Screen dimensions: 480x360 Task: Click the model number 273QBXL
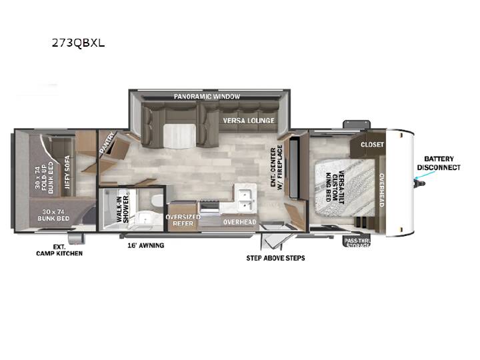[79, 43]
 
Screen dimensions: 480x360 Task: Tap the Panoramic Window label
[207, 97]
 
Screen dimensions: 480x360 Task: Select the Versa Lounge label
[249, 120]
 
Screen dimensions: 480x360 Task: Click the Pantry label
[107, 143]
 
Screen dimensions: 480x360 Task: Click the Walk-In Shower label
[123, 209]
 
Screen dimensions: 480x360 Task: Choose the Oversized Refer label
[183, 220]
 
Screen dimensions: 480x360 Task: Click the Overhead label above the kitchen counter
[240, 222]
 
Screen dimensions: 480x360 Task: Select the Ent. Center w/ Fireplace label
[277, 167]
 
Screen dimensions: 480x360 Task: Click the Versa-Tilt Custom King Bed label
[335, 187]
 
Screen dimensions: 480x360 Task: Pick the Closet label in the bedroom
[372, 144]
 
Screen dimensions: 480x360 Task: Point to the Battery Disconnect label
[439, 163]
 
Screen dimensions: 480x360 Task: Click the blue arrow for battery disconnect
[425, 175]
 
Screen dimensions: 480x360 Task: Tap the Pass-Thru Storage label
[357, 243]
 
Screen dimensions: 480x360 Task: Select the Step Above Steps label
[275, 258]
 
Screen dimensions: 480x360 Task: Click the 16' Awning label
[146, 245]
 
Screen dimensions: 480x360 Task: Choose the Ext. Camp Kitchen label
[59, 250]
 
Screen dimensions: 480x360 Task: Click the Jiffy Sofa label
[67, 173]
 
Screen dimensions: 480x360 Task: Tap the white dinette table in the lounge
[179, 135]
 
